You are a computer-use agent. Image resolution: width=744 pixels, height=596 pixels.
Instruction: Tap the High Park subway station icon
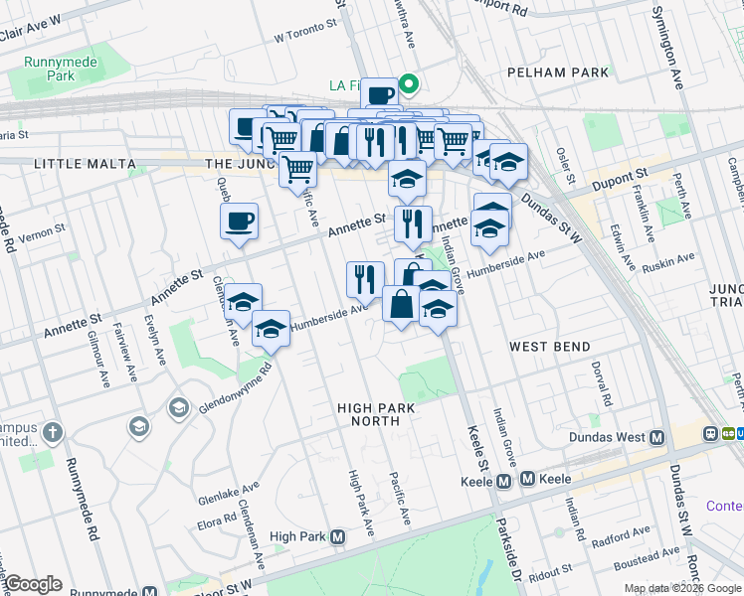point(338,536)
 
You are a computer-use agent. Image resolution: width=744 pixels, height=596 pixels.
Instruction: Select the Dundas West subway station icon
point(656,437)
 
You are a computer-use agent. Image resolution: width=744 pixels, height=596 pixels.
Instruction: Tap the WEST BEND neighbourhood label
point(550,347)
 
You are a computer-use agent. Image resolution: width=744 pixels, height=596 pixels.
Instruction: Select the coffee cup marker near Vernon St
point(239,222)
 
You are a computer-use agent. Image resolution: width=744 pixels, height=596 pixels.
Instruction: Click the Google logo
point(33,584)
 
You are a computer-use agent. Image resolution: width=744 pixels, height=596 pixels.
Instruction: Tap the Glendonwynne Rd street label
point(220,388)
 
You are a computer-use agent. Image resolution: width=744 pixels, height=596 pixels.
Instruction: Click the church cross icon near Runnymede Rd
point(52,433)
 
